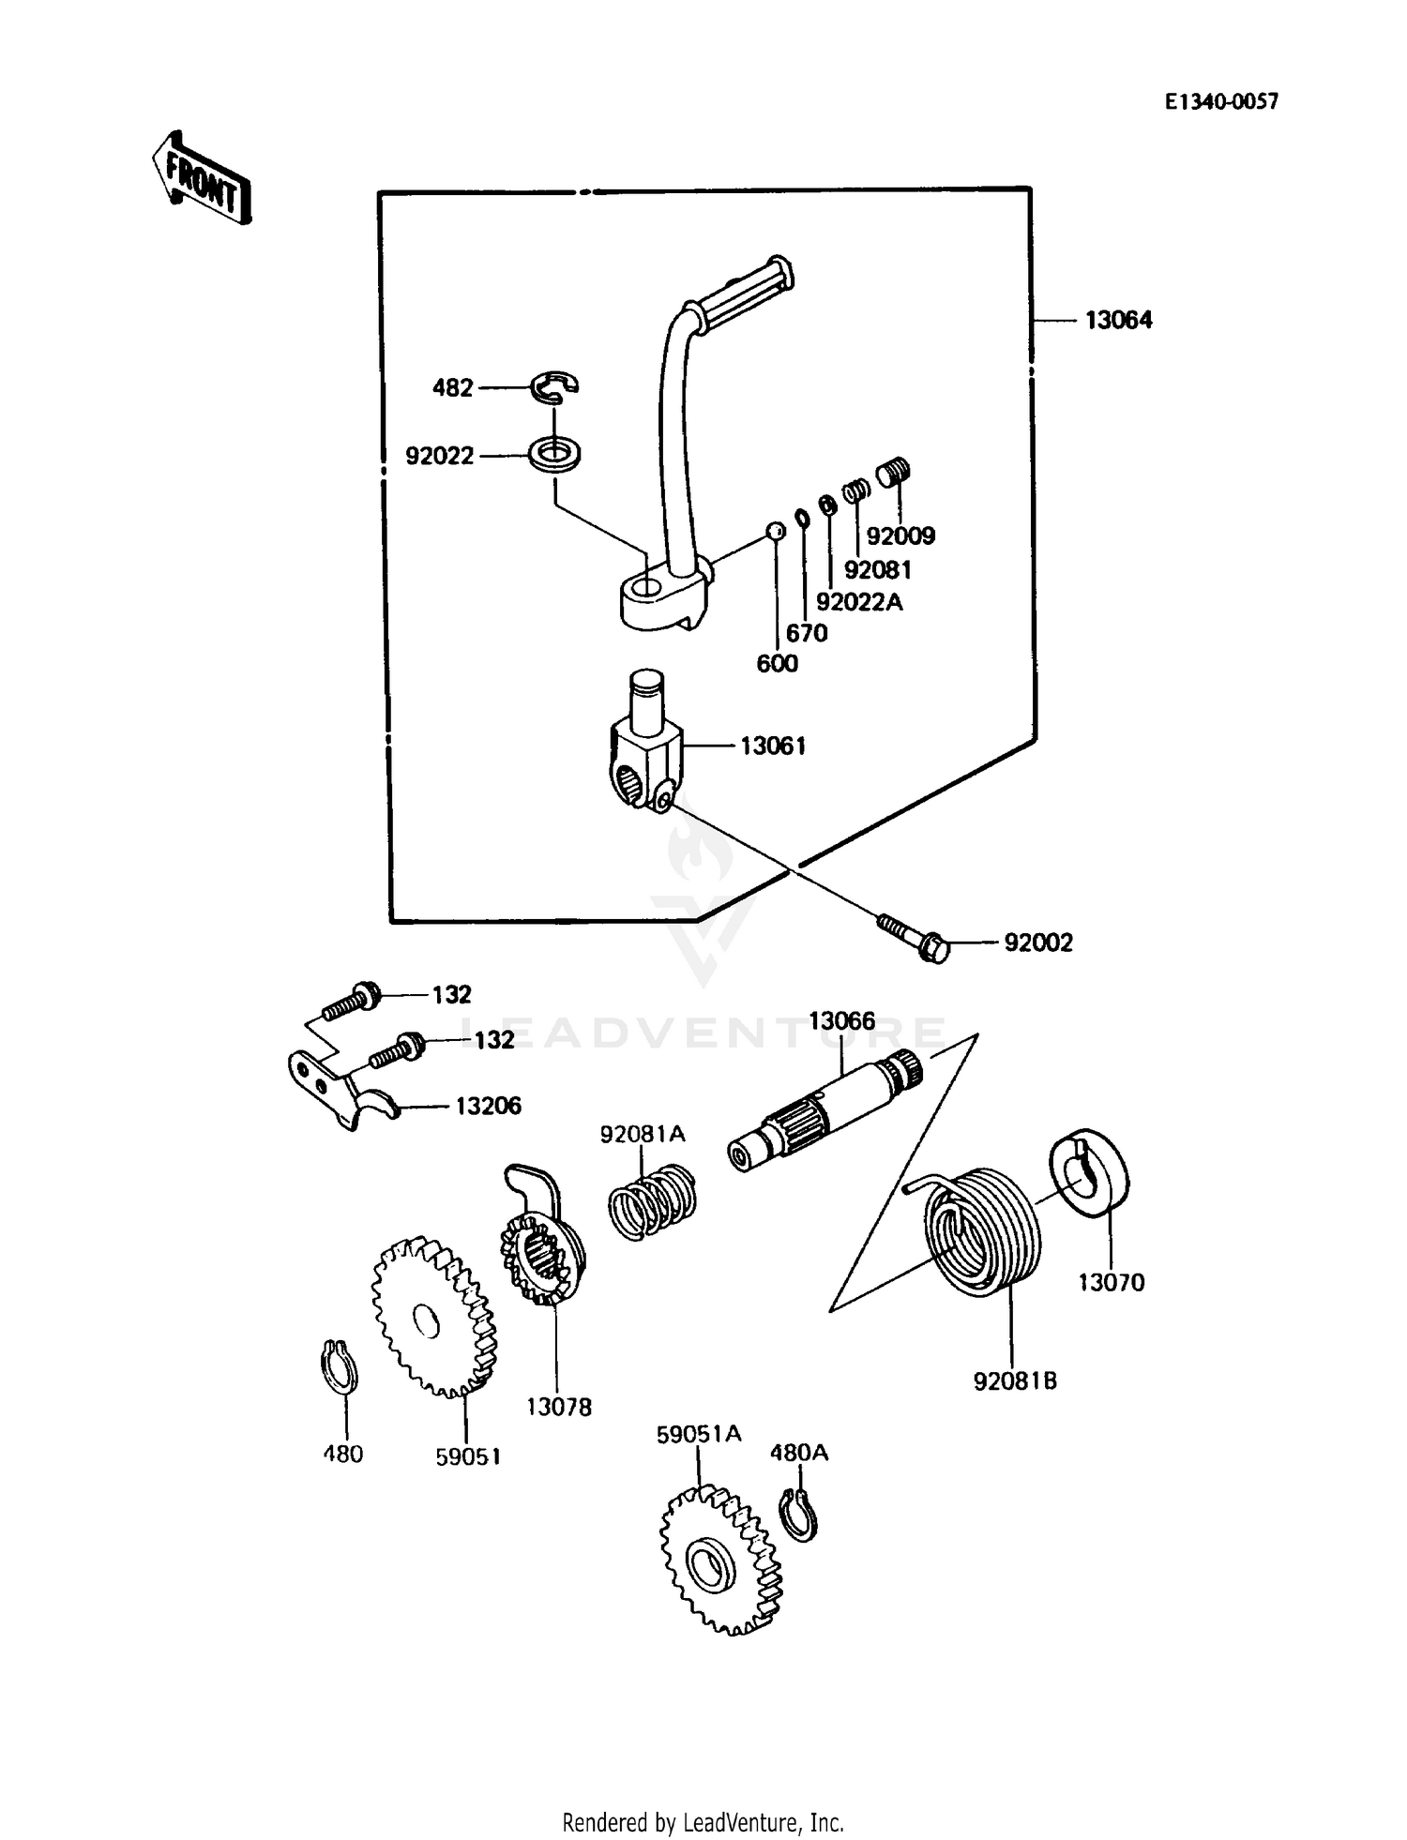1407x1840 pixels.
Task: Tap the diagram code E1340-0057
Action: pos(1221,102)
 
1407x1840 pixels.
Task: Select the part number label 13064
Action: pos(1118,321)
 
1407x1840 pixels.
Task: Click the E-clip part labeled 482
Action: pos(554,385)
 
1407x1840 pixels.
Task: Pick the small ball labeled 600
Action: pos(776,532)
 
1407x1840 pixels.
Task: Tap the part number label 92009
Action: pos(900,536)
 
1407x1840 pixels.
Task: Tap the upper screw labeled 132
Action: pos(353,1003)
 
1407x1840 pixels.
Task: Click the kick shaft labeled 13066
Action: pos(825,1109)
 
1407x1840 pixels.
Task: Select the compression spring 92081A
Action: pos(650,1201)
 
